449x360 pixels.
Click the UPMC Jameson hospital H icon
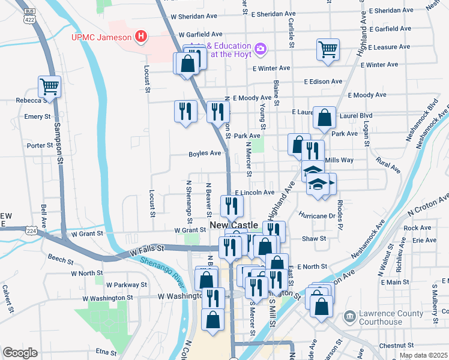coord(141,37)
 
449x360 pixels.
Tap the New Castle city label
coord(234,225)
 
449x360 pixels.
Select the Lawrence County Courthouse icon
coord(349,316)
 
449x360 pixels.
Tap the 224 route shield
coord(32,230)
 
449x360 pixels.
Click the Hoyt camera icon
coord(261,47)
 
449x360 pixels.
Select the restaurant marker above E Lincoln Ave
coord(231,206)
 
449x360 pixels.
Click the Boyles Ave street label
coord(205,154)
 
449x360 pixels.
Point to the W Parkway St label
coord(127,284)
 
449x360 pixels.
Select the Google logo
coord(20,353)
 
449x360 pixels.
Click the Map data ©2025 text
coord(423,355)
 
